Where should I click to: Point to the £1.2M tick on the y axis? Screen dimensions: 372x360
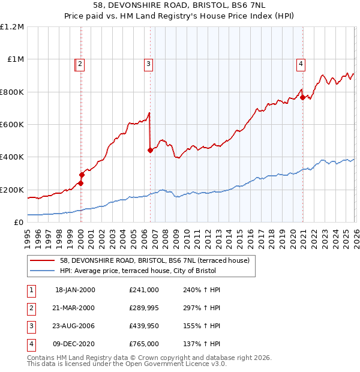(12, 27)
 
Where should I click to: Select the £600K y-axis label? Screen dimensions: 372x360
(12, 125)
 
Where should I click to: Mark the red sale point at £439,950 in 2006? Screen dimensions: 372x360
(150, 151)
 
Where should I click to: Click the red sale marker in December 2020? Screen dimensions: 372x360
(302, 97)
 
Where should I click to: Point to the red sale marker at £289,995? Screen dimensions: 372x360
(82, 175)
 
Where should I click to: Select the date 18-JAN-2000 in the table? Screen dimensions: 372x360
(74, 290)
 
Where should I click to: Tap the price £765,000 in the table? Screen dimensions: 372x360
(143, 344)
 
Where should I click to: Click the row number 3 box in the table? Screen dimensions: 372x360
(30, 326)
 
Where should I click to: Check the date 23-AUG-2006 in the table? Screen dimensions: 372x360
(74, 326)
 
